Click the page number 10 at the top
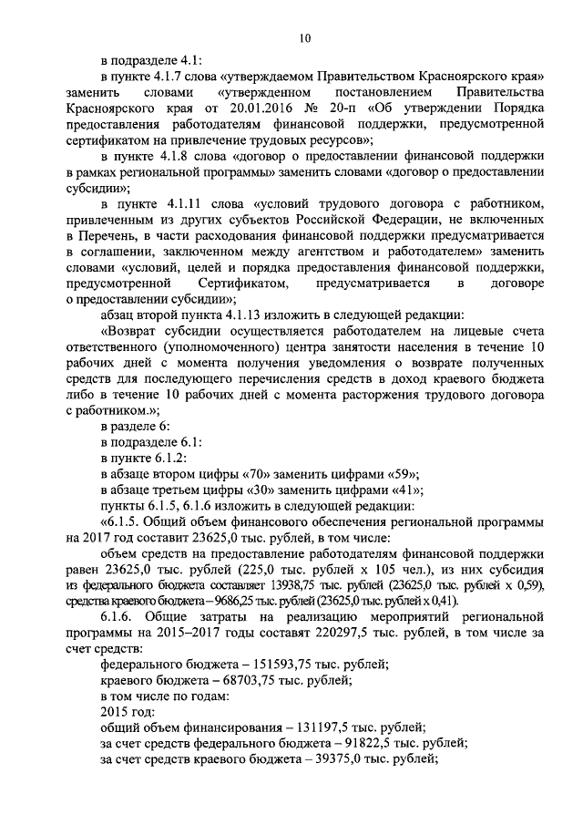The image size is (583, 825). coord(304,37)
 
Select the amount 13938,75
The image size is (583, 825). coord(269,583)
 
